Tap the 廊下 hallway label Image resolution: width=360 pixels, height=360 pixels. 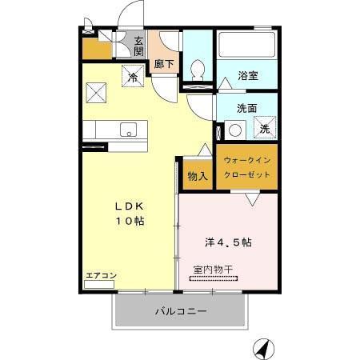[x=163, y=63]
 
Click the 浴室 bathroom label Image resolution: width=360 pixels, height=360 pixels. [x=246, y=77]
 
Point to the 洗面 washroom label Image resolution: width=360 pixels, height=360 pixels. [x=246, y=109]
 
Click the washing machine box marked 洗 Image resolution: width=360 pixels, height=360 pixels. [x=266, y=129]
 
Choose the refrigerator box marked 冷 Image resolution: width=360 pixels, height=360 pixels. [x=133, y=77]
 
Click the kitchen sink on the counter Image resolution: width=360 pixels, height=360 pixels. [x=128, y=129]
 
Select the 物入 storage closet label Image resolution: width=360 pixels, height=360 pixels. [x=198, y=175]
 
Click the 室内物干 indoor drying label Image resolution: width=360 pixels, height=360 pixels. [x=212, y=270]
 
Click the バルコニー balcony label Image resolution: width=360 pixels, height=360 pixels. [x=181, y=310]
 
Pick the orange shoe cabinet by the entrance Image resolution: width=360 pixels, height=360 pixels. [x=97, y=49]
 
